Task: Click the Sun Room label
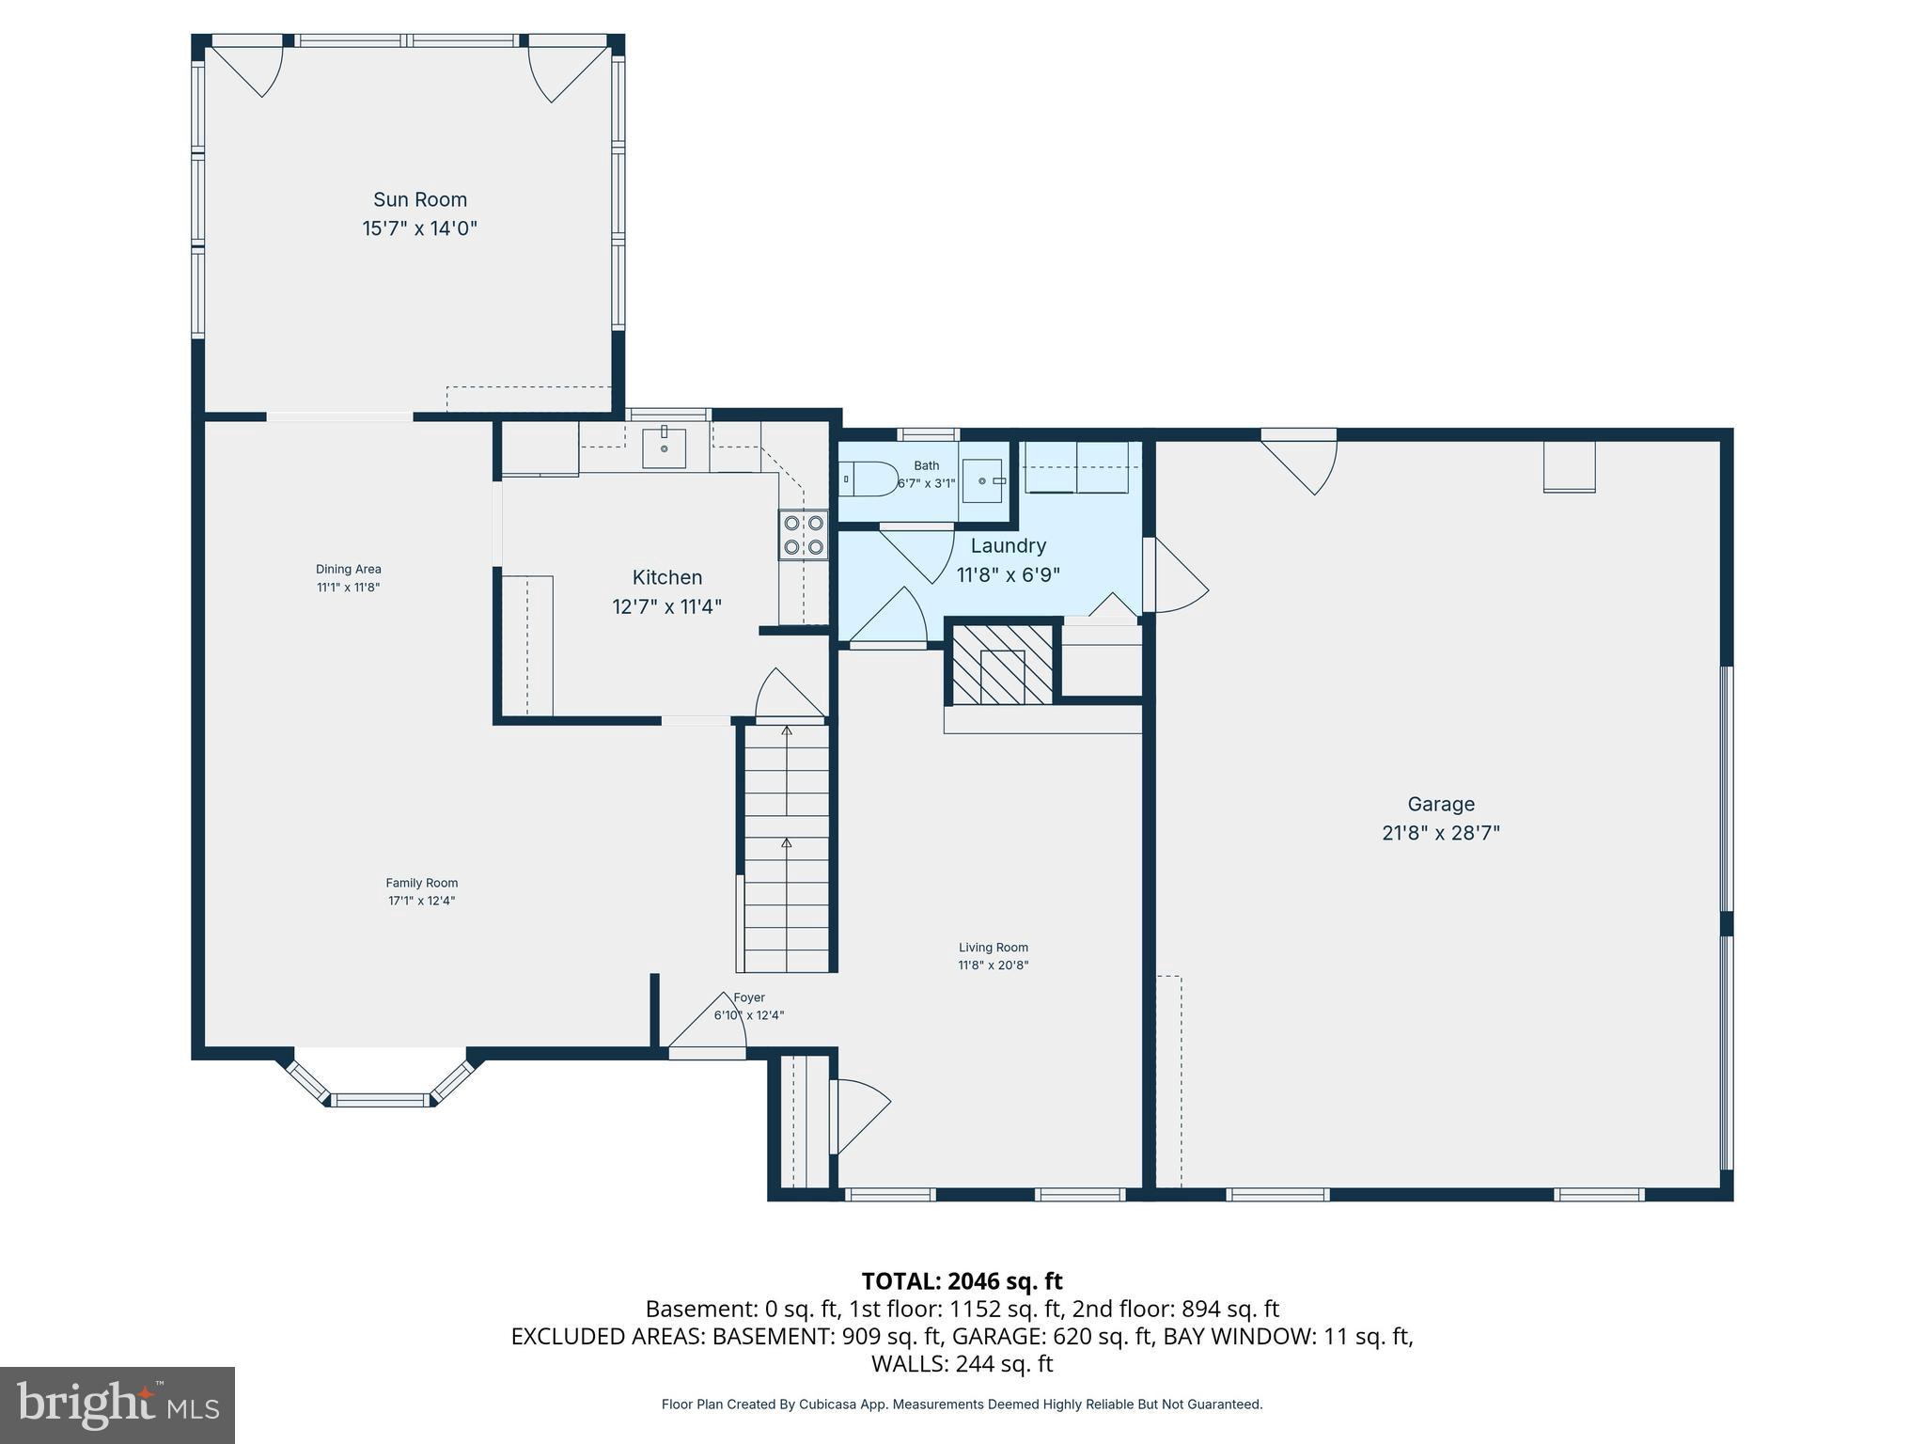coord(420,199)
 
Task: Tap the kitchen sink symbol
coord(664,447)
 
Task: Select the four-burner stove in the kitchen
coord(804,534)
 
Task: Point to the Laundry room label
coord(1008,546)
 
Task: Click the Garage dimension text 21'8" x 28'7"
coord(1440,833)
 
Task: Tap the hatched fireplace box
coord(1002,665)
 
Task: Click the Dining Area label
coord(348,570)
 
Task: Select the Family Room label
coord(421,883)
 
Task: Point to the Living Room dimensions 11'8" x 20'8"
coord(993,965)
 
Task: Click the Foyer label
coord(749,998)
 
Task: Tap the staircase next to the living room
coord(787,846)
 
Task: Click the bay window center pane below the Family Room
coord(380,1099)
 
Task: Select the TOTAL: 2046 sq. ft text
coord(962,1281)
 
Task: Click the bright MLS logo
coord(117,1405)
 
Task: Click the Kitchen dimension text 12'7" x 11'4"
coord(666,607)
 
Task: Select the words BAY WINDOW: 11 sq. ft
coord(1287,1336)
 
